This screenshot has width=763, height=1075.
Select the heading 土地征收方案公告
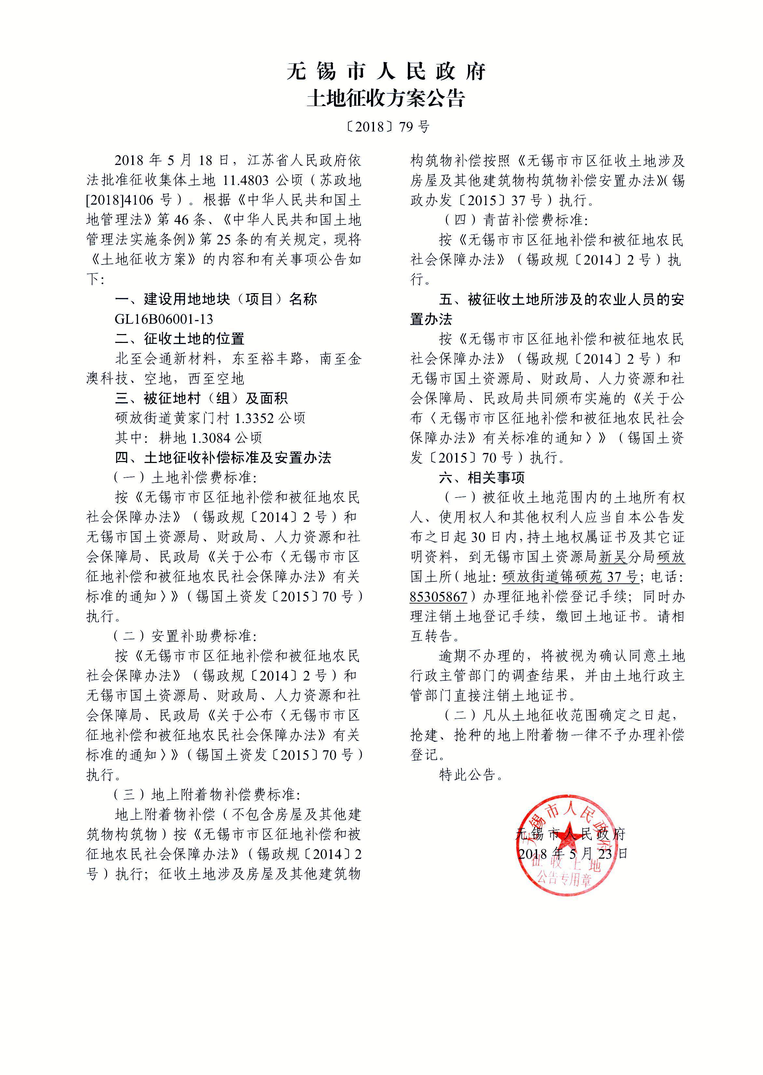tap(386, 99)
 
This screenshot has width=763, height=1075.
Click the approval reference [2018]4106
tap(120, 200)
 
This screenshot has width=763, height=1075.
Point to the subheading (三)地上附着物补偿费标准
tap(206, 795)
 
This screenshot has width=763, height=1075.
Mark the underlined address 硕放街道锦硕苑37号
tap(569, 577)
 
